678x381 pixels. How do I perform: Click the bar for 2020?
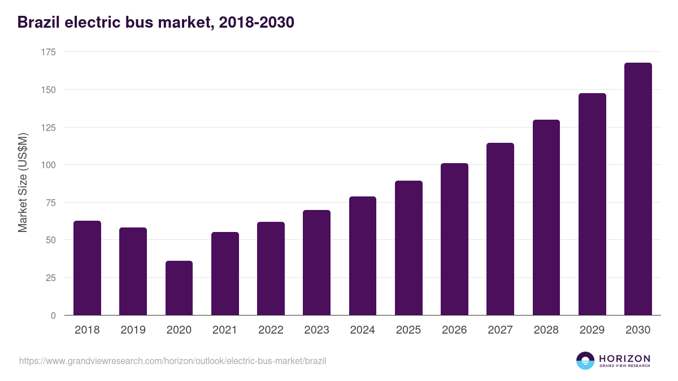coord(179,288)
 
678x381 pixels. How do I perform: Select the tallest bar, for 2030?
coord(638,189)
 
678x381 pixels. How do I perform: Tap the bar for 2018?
coord(87,268)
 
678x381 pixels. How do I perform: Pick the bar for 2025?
coord(408,248)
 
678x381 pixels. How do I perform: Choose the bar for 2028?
coord(546,217)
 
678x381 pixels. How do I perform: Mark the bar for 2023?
coord(316,262)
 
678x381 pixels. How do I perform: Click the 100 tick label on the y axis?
coord(49,165)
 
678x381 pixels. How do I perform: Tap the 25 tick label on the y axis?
coord(51,278)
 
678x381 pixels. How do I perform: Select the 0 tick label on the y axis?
coord(54,316)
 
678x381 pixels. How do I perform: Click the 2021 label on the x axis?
coord(225,330)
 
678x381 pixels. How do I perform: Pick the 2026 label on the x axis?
coord(454,330)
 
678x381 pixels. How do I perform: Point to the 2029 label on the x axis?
coord(592,330)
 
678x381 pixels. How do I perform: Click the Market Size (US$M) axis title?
coord(23,183)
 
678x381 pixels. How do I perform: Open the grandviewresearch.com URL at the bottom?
coord(172,361)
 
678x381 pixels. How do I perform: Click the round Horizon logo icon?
coord(585,361)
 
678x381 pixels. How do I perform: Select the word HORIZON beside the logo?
coord(624,358)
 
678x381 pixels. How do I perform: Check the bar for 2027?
coord(500,229)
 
